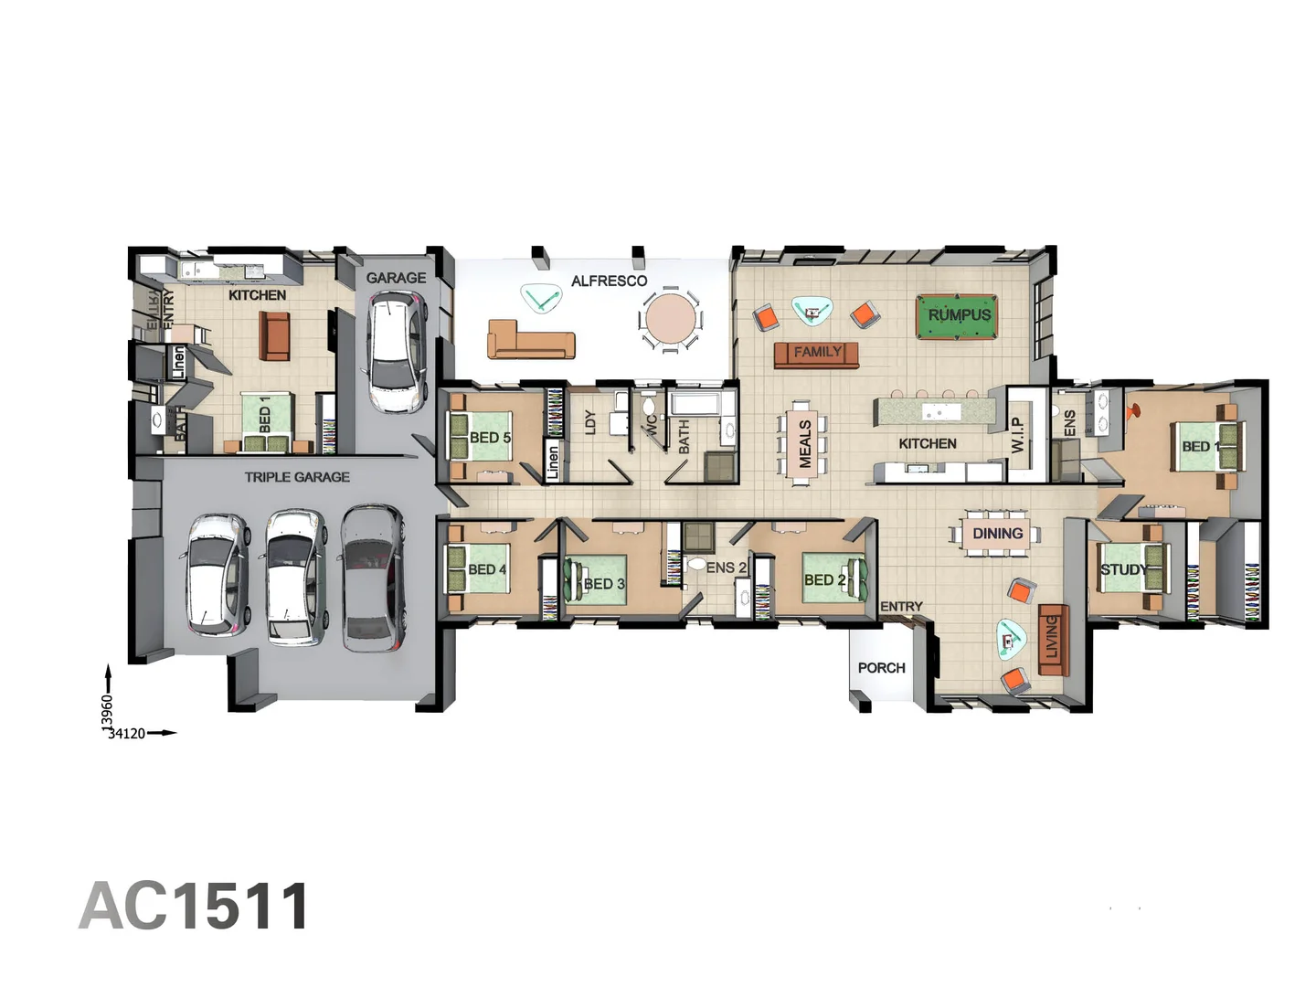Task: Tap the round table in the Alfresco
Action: (670, 319)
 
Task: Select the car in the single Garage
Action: (395, 353)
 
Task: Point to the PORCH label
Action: (881, 668)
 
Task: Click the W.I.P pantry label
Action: (1017, 435)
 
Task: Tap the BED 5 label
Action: (490, 438)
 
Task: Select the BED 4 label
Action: (486, 569)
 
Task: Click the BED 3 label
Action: (604, 584)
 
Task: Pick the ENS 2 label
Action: (726, 568)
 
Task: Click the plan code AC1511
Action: (195, 907)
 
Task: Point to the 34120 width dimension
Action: (126, 733)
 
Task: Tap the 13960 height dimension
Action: (107, 712)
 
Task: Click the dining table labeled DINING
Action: (997, 534)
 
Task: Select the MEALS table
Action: (804, 444)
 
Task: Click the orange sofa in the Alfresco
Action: (531, 340)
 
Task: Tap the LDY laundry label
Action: (590, 421)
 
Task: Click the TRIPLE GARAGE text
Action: (297, 477)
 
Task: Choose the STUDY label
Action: (1123, 569)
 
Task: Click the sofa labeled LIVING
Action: (1052, 638)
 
